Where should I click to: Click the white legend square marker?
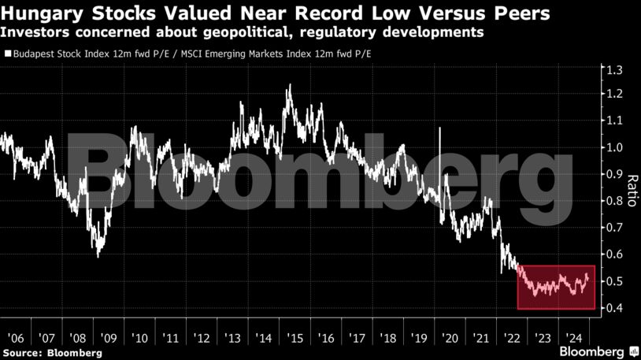click(x=7, y=55)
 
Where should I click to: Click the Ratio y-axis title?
click(x=631, y=187)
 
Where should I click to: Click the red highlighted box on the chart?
click(x=556, y=287)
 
